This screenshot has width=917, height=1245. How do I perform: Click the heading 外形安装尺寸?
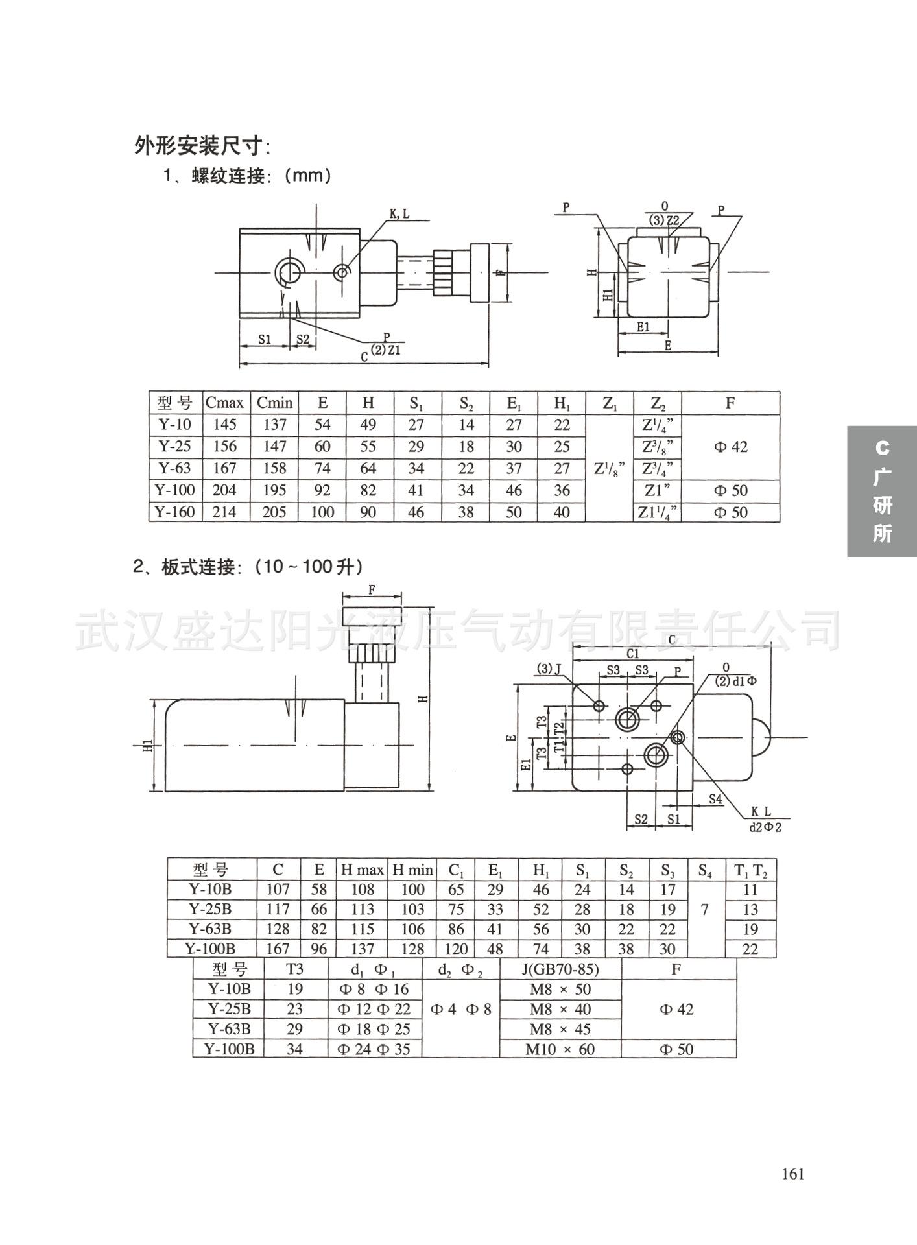coord(202,146)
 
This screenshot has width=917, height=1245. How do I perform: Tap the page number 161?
coord(792,1174)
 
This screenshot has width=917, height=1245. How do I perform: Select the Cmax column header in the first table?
coord(224,403)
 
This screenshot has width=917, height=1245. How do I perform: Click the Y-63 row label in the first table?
coord(175,468)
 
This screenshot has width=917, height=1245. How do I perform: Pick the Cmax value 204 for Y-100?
coord(224,490)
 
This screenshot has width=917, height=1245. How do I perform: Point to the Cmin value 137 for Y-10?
coord(274,425)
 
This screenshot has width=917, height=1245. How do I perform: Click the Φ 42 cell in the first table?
coord(730,447)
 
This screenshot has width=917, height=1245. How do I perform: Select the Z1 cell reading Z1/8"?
coord(610,468)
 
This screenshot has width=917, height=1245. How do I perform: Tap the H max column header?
coord(363,870)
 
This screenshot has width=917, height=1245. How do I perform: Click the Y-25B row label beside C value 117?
coord(210,909)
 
